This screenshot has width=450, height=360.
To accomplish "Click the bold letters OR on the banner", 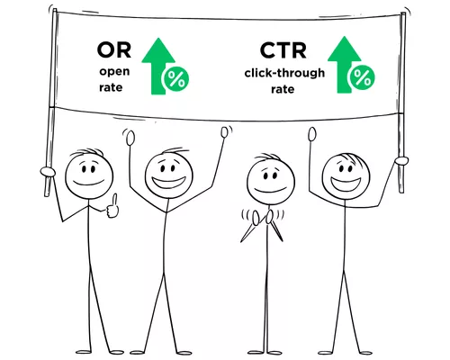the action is tap(114, 50).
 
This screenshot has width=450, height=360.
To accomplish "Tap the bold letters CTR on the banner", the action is tap(283, 50).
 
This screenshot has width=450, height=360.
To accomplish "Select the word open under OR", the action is tap(114, 72).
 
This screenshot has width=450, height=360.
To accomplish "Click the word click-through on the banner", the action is tap(284, 73).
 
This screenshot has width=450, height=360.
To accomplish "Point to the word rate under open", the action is tap(111, 87).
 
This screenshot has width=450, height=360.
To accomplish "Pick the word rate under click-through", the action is tap(283, 89).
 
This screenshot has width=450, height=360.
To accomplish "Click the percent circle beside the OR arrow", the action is tap(176, 79).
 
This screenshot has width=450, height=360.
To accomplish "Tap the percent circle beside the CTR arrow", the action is tap(363, 77).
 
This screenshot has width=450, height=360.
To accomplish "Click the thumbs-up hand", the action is tap(112, 206).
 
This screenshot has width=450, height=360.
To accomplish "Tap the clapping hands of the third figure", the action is tap(263, 218).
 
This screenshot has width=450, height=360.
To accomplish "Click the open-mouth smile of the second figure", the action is tap(168, 182).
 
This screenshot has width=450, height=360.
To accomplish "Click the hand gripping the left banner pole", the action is tap(48, 172).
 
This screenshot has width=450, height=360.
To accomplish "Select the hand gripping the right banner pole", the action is tap(401, 160).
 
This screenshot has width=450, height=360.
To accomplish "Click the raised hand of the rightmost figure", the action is tap(312, 134).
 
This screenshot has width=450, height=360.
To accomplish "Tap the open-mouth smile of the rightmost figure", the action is tap(346, 184).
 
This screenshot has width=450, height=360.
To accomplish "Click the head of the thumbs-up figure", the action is tap(89, 175).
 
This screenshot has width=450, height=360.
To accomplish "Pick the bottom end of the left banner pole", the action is tap(47, 196).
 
